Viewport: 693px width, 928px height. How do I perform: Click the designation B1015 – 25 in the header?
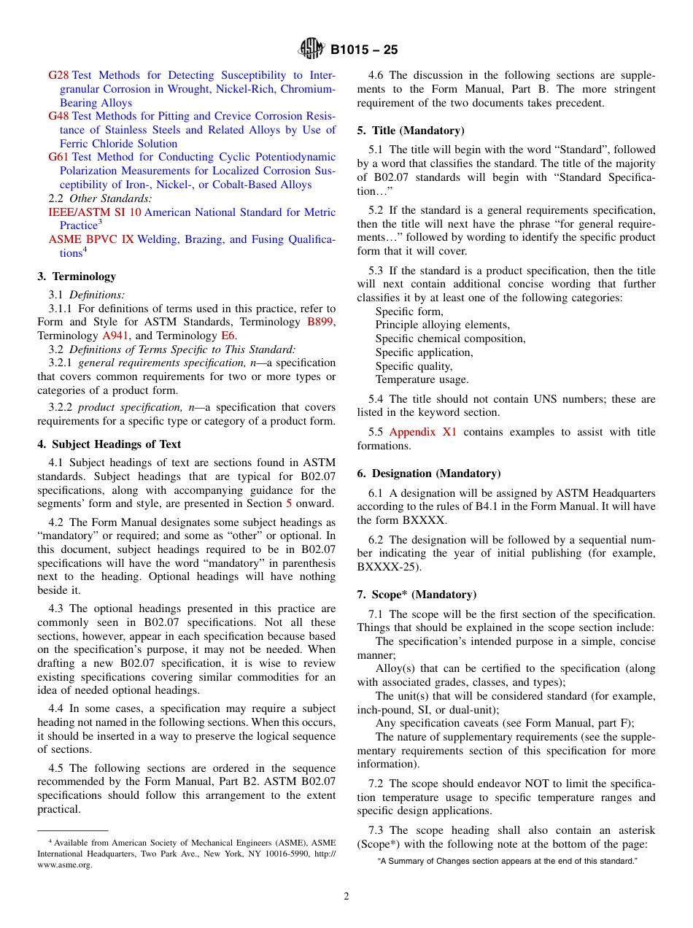pyautogui.click(x=364, y=50)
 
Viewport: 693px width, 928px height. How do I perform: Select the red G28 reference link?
pyautogui.click(x=58, y=75)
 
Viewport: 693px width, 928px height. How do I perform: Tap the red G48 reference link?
pyautogui.click(x=58, y=116)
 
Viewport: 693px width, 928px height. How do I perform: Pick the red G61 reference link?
pyautogui.click(x=58, y=157)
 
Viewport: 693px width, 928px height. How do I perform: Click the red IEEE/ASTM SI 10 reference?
pyautogui.click(x=95, y=212)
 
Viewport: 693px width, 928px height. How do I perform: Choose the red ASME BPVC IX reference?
pyautogui.click(x=91, y=239)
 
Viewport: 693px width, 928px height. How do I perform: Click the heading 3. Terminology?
pyautogui.click(x=77, y=277)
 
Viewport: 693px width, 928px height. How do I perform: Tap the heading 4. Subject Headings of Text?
pyautogui.click(x=109, y=444)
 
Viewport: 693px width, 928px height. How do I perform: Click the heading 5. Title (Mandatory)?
pyautogui.click(x=411, y=131)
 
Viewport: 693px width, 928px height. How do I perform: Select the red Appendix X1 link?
pyautogui.click(x=422, y=432)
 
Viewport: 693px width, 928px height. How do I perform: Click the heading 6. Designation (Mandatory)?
pyautogui.click(x=429, y=473)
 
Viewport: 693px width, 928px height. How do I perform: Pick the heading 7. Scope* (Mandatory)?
pyautogui.click(x=417, y=595)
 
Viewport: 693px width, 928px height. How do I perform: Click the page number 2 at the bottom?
pyautogui.click(x=346, y=897)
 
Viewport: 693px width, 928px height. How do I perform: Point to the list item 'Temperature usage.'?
pyautogui.click(x=422, y=379)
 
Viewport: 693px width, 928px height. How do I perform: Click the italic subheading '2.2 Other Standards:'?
pyautogui.click(x=100, y=198)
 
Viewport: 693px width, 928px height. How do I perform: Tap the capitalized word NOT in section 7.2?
pyautogui.click(x=540, y=784)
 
